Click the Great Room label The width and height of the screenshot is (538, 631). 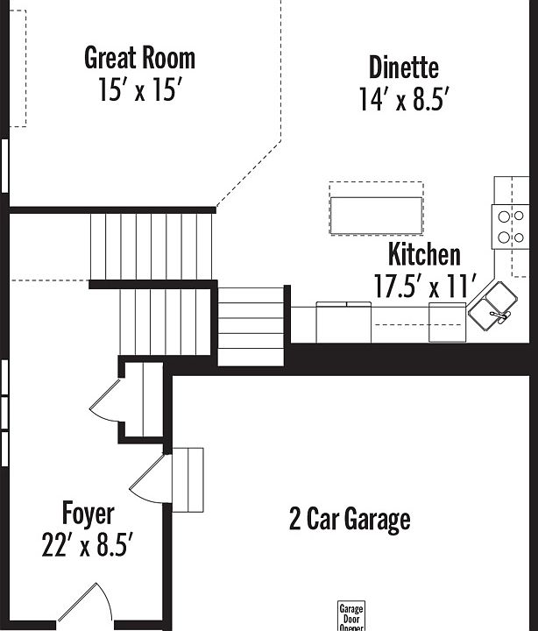(139, 58)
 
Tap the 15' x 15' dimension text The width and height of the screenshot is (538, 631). (139, 90)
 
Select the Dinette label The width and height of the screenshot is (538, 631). (403, 67)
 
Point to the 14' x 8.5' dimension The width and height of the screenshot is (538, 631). (403, 100)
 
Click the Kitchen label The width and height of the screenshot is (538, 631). (424, 255)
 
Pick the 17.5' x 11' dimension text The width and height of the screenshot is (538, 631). (424, 287)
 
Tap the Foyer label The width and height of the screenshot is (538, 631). (88, 513)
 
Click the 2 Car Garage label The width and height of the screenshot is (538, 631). (350, 520)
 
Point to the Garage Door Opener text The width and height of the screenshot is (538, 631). (350, 617)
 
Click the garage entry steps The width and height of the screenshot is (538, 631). (188, 479)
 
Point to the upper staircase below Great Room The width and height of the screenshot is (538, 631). (152, 246)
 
